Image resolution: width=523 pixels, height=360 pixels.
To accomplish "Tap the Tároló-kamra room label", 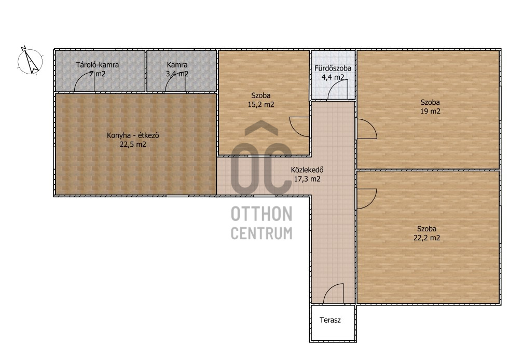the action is tap(97, 65).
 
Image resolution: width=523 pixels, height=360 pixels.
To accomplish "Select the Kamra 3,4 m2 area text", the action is tap(177, 70).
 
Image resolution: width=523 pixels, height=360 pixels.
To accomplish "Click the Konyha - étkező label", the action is tap(133, 135).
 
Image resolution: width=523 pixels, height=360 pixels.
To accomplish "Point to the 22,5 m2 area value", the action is tap(133, 144).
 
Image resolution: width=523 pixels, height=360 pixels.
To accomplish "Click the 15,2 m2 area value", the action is tap(261, 104).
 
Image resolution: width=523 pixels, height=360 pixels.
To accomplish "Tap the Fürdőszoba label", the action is tap(333, 68).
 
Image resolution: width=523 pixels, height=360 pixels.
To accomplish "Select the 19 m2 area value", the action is tap(430, 112).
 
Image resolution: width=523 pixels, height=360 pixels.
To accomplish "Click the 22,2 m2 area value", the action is tap(426, 238).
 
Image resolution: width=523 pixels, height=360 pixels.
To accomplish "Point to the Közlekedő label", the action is tap(307, 170).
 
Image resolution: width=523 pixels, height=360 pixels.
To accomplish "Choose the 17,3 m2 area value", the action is tap(307, 178).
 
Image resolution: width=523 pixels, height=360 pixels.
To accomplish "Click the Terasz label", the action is tap(330, 320).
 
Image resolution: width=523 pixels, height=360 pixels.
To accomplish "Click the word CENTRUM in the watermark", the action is tap(261, 233).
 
